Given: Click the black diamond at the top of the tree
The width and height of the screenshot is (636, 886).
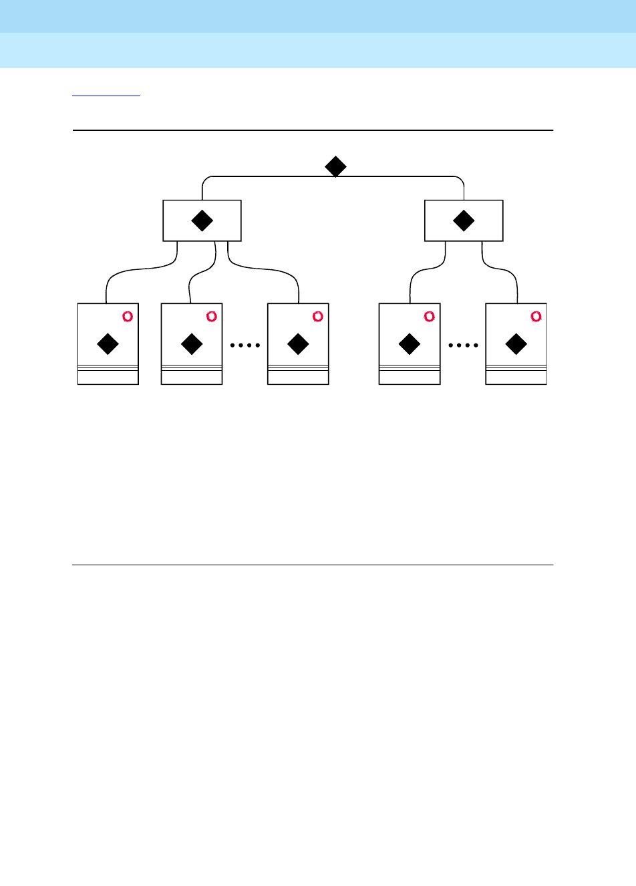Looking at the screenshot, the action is pyautogui.click(x=335, y=166).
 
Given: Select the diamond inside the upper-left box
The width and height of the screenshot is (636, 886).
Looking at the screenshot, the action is pyautogui.click(x=202, y=220).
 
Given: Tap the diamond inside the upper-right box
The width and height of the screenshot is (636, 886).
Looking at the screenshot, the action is pyautogui.click(x=464, y=220).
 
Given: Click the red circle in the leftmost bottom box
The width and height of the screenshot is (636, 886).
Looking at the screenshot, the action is pyautogui.click(x=128, y=316).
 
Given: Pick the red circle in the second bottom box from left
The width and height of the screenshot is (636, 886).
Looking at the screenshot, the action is pyautogui.click(x=212, y=316).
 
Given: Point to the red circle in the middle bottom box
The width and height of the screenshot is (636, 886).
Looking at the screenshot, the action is pyautogui.click(x=318, y=316).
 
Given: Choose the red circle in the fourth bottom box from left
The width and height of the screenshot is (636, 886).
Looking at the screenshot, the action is pyautogui.click(x=430, y=316).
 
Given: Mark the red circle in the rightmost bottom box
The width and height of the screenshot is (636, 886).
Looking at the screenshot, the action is pyautogui.click(x=536, y=316).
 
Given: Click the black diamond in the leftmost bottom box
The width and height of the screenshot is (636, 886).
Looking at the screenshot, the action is pyautogui.click(x=108, y=344).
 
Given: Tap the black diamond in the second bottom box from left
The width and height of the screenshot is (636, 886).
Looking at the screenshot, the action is pyautogui.click(x=192, y=344).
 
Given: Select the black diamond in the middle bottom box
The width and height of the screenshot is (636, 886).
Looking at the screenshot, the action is pyautogui.click(x=298, y=344).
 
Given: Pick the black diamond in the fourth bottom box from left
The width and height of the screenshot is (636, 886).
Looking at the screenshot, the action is pyautogui.click(x=410, y=344).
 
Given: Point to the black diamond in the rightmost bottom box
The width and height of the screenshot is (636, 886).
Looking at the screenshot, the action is pyautogui.click(x=516, y=344).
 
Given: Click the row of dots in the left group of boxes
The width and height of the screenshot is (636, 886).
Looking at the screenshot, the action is pyautogui.click(x=245, y=345).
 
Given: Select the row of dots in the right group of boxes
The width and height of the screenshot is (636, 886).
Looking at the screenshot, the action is pyautogui.click(x=463, y=345).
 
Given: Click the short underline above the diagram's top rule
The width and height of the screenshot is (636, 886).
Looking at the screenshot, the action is pyautogui.click(x=106, y=96).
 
